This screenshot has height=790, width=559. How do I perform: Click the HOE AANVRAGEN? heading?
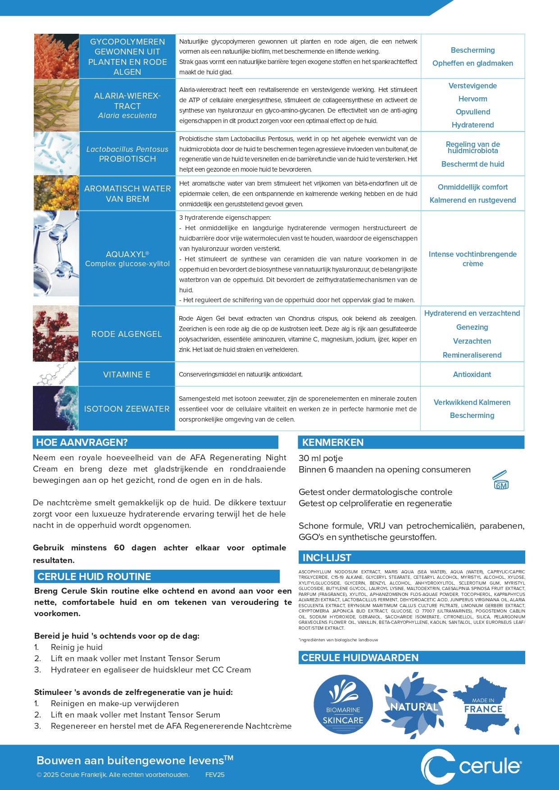click(82, 442)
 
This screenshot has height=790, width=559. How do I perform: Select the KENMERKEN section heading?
click(333, 442)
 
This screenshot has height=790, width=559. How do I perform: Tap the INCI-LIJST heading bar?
click(327, 558)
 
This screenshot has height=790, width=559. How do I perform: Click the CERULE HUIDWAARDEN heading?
click(360, 658)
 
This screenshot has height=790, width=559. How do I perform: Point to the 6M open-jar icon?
click(500, 480)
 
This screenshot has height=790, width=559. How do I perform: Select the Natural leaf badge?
click(414, 705)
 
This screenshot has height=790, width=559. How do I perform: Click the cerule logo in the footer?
click(471, 766)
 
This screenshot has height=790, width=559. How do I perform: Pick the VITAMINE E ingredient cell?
click(127, 374)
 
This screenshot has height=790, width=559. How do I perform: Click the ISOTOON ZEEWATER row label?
click(127, 409)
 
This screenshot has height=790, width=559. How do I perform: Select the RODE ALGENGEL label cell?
click(127, 334)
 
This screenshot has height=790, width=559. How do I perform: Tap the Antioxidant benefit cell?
click(472, 374)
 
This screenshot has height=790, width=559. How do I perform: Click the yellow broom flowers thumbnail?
click(56, 193)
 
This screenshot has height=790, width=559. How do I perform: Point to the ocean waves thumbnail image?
click(56, 409)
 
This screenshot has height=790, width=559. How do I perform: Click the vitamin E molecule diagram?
click(56, 375)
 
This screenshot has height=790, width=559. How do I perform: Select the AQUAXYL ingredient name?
click(127, 254)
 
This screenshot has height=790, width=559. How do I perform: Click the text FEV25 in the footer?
click(215, 775)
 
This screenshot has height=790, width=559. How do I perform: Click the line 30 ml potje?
click(321, 458)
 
